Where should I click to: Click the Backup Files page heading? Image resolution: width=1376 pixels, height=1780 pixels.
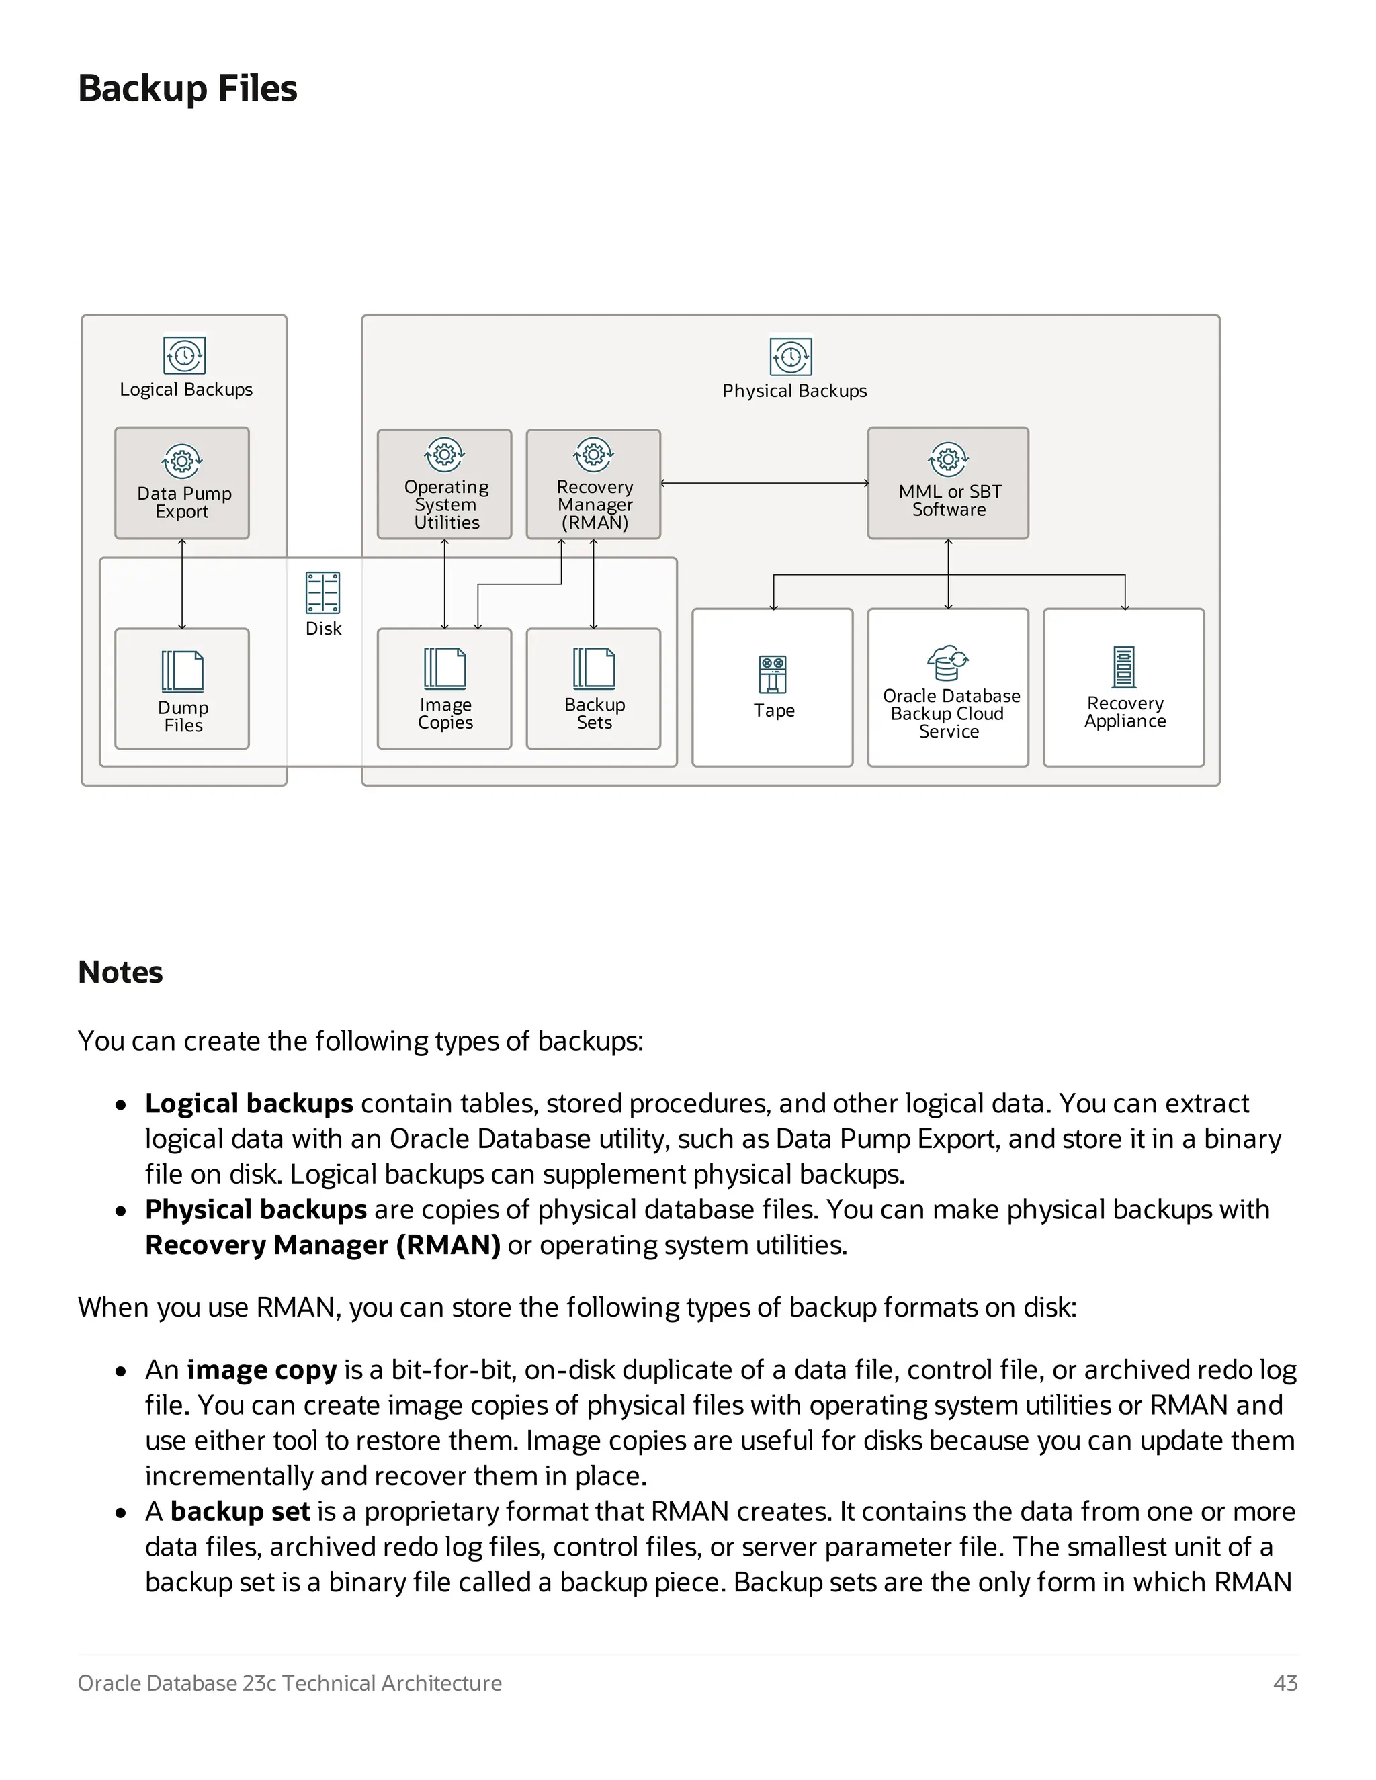tap(187, 88)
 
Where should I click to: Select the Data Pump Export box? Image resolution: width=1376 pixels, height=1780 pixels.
tap(182, 484)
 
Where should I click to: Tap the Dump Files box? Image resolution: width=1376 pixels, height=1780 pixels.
tap(182, 688)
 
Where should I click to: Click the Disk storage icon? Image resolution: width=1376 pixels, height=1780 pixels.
tap(322, 592)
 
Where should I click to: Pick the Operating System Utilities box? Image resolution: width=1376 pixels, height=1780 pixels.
tap(444, 484)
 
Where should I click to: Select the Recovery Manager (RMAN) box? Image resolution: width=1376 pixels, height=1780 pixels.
tap(593, 484)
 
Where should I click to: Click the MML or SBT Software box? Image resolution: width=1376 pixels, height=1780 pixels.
tap(948, 484)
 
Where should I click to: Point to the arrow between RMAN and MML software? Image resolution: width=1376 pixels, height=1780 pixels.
tap(764, 484)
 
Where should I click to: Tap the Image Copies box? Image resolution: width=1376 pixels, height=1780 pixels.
tap(444, 688)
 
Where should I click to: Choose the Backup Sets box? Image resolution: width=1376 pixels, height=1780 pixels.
tap(593, 688)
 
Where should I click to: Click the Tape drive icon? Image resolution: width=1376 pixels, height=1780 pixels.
tap(772, 674)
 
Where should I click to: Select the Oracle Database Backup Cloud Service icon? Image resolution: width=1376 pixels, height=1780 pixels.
tap(947, 662)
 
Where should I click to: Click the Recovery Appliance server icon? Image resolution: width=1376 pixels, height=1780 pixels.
tap(1124, 668)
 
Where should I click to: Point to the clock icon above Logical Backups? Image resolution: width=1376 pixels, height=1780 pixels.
tap(184, 355)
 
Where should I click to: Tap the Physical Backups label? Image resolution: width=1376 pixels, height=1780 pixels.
tap(794, 391)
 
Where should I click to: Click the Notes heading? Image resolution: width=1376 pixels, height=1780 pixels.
tap(121, 973)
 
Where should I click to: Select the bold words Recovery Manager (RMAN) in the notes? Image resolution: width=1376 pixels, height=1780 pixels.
tap(322, 1245)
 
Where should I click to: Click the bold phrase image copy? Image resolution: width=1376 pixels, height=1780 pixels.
tap(261, 1370)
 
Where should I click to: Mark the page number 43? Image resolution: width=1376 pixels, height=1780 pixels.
tap(1285, 1683)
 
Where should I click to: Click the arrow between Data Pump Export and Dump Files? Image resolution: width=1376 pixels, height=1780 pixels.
tap(182, 584)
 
